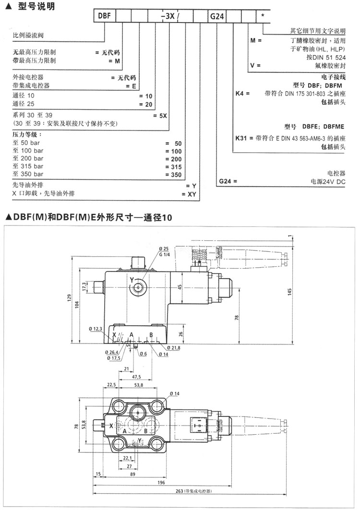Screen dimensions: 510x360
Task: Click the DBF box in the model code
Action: (105, 16)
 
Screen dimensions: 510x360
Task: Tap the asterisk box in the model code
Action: (263, 16)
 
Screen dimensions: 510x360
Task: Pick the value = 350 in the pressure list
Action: (173, 174)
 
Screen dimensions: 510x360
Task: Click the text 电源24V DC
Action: (328, 182)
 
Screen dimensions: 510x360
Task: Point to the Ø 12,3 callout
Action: (96, 329)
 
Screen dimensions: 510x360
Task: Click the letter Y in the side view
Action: (131, 280)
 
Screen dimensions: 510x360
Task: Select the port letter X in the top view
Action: (111, 426)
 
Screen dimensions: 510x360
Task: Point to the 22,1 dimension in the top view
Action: (126, 457)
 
